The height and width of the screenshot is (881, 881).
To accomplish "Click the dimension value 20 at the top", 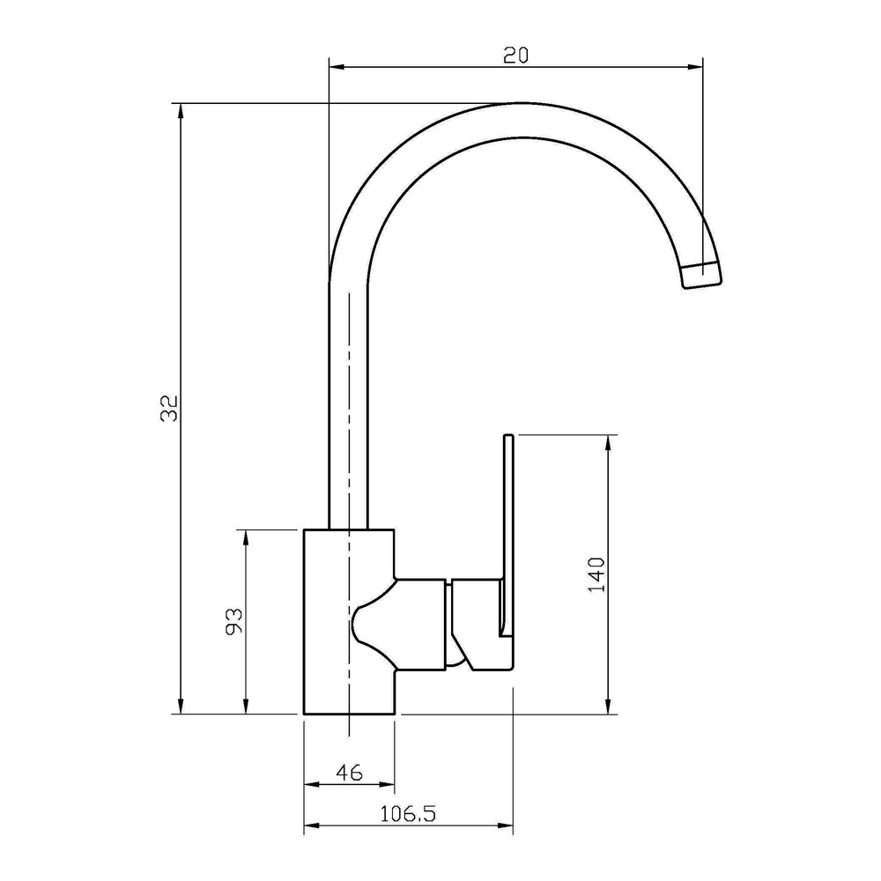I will tap(515, 55).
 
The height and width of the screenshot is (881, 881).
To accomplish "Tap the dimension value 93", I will tap(234, 620).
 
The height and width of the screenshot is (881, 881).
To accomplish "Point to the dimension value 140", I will tap(596, 574).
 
